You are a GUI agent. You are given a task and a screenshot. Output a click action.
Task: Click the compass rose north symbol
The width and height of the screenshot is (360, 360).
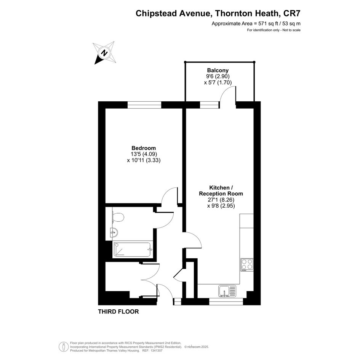104,53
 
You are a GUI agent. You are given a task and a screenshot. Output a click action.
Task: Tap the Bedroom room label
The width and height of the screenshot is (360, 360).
144,148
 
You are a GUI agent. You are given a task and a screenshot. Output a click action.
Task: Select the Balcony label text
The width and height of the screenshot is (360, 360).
218,70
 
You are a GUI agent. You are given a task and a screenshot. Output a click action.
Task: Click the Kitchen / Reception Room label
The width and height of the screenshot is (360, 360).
221,190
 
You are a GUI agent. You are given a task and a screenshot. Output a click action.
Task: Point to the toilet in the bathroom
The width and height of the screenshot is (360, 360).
118,217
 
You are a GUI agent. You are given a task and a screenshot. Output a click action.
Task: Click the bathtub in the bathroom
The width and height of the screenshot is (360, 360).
133,250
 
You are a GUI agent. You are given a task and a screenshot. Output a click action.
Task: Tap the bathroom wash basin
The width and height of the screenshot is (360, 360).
114,232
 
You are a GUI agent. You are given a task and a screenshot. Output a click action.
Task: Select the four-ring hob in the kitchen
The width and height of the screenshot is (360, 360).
247,265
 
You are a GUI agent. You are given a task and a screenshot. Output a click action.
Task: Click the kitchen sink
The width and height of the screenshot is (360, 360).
227,291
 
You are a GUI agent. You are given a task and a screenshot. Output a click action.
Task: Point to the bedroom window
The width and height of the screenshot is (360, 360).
144,105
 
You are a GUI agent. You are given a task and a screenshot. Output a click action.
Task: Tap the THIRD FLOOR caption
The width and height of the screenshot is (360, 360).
118,312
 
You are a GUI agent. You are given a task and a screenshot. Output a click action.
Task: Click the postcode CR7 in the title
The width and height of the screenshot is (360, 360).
292,13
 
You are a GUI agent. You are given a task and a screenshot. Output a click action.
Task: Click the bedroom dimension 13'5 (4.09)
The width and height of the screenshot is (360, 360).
144,154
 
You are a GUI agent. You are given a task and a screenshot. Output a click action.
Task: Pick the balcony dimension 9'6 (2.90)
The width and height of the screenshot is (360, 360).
218,76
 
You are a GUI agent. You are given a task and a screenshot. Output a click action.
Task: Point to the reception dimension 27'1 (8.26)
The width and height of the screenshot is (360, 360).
221,200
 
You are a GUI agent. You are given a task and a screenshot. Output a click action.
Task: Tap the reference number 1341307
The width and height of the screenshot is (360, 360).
156,350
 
